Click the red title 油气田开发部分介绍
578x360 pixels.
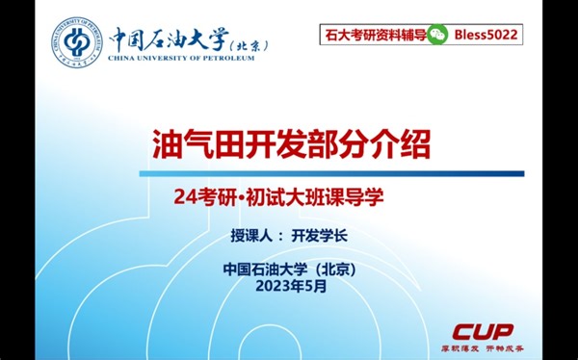pos(291,143)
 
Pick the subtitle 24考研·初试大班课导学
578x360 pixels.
pos(279,198)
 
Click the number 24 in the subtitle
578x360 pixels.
pos(185,198)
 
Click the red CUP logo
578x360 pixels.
pos(484,330)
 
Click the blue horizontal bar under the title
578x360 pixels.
pos(332,174)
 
